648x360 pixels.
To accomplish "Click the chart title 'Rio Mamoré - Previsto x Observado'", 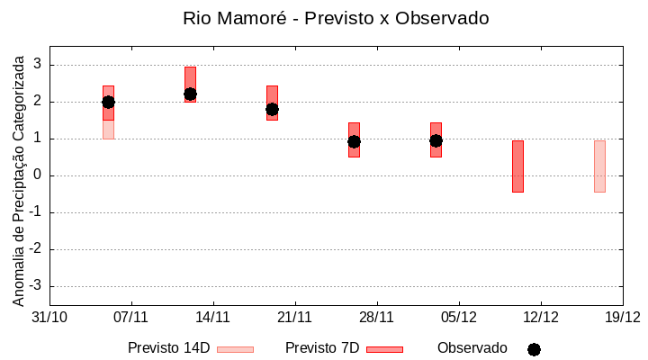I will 335,18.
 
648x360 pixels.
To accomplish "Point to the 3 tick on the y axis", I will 38,65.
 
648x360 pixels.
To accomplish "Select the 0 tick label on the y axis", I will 38,175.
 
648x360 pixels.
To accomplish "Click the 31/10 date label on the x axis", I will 49,317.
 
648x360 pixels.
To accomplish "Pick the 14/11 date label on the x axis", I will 213,317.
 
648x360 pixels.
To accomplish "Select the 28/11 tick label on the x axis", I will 377,317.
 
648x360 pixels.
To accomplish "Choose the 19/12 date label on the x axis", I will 622,317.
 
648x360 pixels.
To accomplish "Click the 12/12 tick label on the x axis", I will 541,317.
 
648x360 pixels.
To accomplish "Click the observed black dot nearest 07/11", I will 108,102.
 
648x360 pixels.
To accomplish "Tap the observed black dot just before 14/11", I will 190,94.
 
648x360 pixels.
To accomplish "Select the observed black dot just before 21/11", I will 272,109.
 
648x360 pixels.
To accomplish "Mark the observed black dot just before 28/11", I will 354,141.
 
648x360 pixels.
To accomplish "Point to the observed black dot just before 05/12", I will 436,140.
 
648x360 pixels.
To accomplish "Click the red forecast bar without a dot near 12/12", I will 517,166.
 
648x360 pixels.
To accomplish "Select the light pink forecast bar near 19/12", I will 599,166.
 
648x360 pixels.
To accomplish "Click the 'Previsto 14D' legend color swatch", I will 235,349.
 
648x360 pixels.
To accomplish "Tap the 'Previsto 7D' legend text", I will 322,348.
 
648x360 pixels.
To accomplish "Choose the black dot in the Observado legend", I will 534,349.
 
